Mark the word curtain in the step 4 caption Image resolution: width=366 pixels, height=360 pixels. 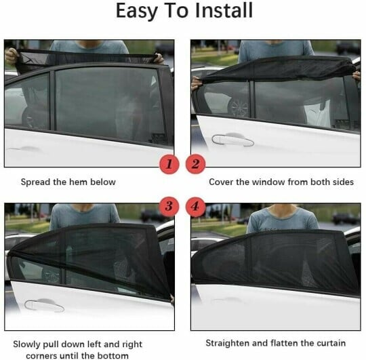click(329, 343)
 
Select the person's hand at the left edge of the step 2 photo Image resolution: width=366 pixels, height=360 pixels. click(197, 83)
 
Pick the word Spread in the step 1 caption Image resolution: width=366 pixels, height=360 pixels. click(35, 182)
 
